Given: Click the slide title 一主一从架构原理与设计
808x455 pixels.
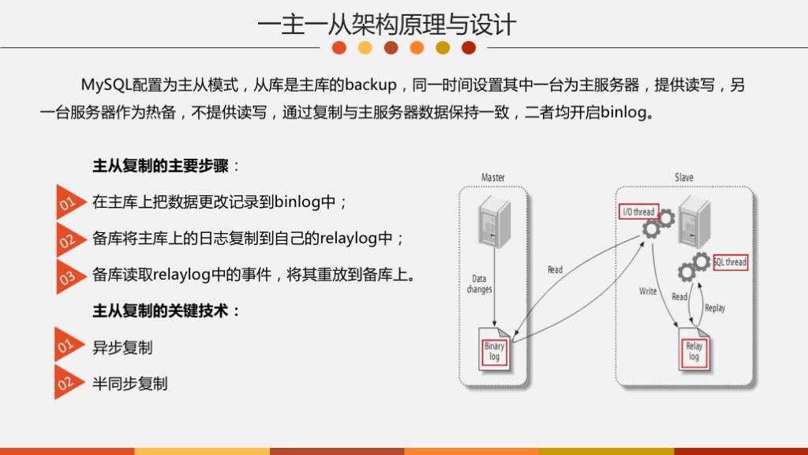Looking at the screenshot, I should tap(387, 24).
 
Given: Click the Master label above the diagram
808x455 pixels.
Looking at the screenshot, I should tap(493, 178).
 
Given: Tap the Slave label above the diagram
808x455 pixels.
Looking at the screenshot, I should tap(683, 178).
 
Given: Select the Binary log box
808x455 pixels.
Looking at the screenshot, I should tap(494, 352).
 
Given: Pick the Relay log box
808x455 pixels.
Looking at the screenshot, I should tap(694, 352).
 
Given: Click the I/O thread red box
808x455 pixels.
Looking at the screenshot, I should tap(638, 212).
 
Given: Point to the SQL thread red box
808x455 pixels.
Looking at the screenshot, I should tap(730, 261).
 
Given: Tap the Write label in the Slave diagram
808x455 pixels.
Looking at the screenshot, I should tap(648, 291).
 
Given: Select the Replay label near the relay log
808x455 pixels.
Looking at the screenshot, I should tap(715, 308).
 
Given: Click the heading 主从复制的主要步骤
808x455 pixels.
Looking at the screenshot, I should tap(161, 167).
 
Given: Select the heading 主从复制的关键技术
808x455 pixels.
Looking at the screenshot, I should tap(161, 311).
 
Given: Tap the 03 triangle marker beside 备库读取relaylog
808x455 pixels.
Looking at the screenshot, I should tap(67, 276).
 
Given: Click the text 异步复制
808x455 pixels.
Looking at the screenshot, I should tap(122, 348).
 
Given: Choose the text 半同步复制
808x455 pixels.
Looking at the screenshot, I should tap(129, 384).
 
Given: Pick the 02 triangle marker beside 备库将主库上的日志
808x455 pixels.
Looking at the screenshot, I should tap(67, 240).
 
